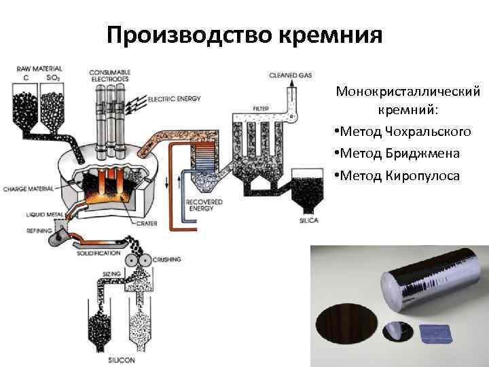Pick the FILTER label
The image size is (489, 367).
(261, 109)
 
